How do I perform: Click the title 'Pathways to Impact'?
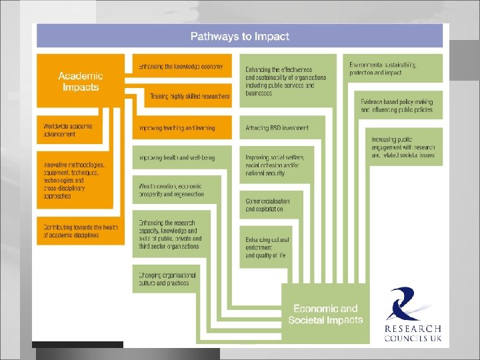[x=239, y=36]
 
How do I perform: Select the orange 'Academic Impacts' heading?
[x=80, y=81]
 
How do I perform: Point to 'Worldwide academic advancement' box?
[x=69, y=130]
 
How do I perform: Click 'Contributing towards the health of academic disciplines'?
[x=80, y=231]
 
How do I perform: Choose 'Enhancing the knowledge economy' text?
[x=181, y=67]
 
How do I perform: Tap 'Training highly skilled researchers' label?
[x=189, y=97]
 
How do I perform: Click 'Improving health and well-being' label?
[x=177, y=157]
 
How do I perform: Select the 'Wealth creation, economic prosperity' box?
[x=171, y=190]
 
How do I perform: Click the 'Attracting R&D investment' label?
[x=277, y=127]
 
